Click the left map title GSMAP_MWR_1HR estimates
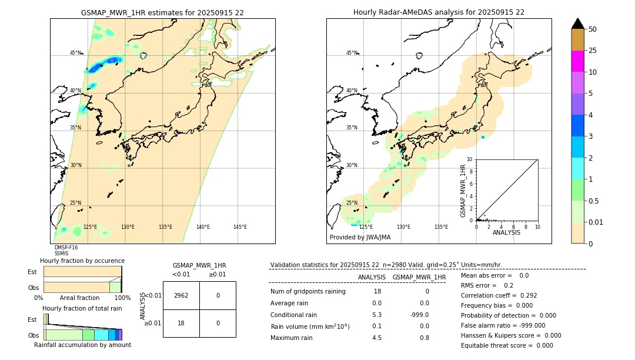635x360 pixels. [162, 12]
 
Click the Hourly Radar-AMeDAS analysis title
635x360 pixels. [439, 12]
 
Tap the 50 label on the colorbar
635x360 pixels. [593, 29]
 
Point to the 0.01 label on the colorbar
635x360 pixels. [596, 222]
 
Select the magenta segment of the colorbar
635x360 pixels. [577, 61]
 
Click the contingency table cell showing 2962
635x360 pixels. [181, 295]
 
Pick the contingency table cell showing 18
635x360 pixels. [181, 322]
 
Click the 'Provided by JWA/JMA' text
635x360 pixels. [360, 238]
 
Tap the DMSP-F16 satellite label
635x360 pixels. [66, 248]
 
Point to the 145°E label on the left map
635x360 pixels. [240, 227]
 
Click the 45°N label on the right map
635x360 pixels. [352, 53]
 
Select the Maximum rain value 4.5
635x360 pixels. [377, 338]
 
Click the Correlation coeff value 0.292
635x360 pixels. [524, 295]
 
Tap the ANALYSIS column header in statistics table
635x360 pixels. [372, 277]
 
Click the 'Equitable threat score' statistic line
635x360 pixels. [507, 345]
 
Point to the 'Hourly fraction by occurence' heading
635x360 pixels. [82, 261]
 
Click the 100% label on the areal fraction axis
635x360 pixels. [122, 298]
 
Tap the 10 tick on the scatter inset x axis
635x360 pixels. [537, 226]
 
